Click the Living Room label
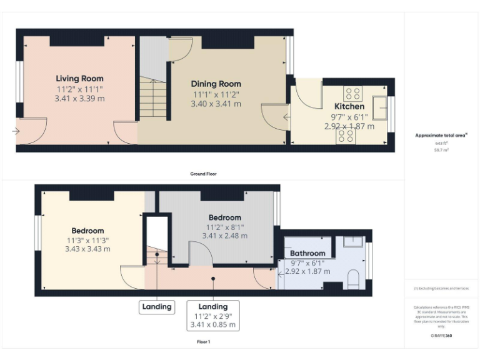pos(79,79)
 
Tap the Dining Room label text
pos(216,84)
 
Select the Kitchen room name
pos(349,106)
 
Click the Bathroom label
pos(307,253)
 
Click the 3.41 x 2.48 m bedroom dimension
pos(224,236)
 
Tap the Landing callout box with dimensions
pos(213,316)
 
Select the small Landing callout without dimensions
pos(156,307)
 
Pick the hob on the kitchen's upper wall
pos(352,94)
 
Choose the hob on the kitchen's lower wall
pos(346,136)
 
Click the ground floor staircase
pos(153,98)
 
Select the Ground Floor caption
pos(203,174)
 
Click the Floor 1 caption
pos(203,342)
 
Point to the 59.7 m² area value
pos(442,150)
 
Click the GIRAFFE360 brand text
pos(442,336)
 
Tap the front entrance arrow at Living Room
pos(14,131)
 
